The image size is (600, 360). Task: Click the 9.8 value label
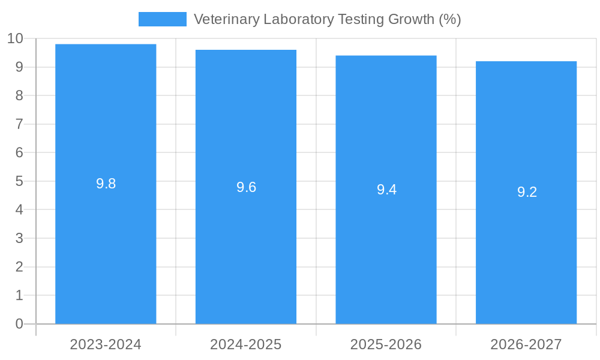click(x=106, y=184)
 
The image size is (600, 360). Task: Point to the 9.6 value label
click(x=246, y=187)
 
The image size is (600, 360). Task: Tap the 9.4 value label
click(x=386, y=190)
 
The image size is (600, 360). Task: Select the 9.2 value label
click(x=527, y=193)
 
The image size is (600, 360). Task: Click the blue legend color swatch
click(x=162, y=19)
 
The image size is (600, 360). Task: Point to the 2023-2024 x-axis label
click(x=106, y=345)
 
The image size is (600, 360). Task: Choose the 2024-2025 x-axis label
click(x=246, y=345)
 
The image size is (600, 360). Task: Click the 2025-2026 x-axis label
click(x=386, y=345)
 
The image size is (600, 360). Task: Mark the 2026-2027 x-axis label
click(x=526, y=345)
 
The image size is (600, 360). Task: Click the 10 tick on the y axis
click(x=15, y=39)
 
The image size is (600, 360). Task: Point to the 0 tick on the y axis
click(x=19, y=324)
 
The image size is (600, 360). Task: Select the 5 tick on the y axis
click(x=19, y=181)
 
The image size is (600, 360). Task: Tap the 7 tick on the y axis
click(x=19, y=124)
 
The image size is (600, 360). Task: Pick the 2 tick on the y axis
click(x=19, y=267)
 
